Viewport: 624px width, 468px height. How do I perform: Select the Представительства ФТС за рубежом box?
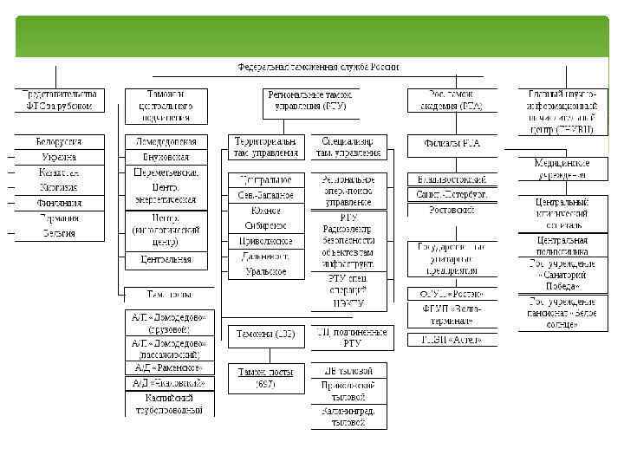click(59, 99)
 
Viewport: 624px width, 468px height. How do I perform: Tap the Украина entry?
click(59, 157)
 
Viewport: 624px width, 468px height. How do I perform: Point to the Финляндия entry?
click(59, 203)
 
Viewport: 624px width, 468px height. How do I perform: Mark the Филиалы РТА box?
click(452, 142)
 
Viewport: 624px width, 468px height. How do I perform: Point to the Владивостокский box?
click(452, 179)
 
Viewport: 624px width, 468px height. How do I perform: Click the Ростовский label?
click(452, 210)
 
